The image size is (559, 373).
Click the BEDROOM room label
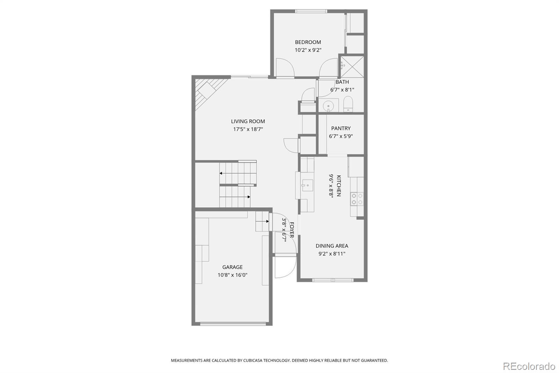[x=308, y=42]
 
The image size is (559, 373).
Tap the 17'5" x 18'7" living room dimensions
[x=248, y=129]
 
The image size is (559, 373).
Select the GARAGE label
[x=232, y=267]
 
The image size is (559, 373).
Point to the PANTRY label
[x=341, y=128]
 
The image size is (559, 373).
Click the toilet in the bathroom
[x=348, y=104]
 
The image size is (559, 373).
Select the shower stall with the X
[x=352, y=66]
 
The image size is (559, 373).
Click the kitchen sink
[x=307, y=185]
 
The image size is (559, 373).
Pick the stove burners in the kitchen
[x=357, y=199]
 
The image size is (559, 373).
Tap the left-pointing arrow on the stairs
[x=222, y=173]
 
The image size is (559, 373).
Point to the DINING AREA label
[x=332, y=246]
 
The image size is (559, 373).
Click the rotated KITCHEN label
[x=339, y=186]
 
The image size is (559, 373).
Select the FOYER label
[x=292, y=230]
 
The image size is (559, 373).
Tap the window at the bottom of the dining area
[x=333, y=280]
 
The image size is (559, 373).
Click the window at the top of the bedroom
[x=311, y=11]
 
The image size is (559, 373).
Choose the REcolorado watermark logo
[x=529, y=366]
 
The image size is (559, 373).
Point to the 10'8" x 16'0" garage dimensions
[x=232, y=275]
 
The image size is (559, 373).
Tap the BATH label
[x=342, y=82]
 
